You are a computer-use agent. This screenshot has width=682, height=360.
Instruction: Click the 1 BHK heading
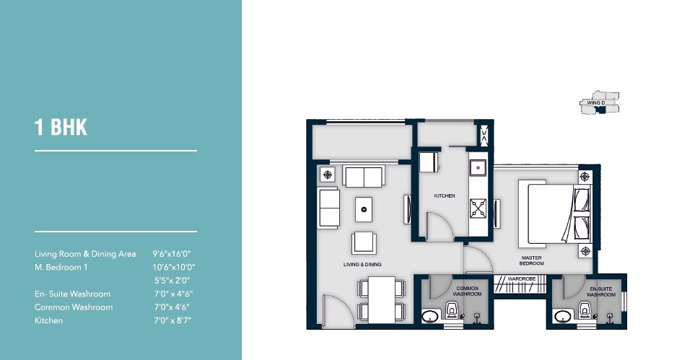[x=61, y=128]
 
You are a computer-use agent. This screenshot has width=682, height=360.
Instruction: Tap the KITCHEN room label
[x=444, y=196]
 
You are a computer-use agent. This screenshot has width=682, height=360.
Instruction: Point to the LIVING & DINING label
[x=362, y=265]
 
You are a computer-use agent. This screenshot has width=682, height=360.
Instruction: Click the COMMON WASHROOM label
[x=467, y=291]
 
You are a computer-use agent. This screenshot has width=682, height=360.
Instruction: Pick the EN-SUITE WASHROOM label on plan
[x=600, y=291]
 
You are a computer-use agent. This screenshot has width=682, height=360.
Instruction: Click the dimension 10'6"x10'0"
[x=174, y=267]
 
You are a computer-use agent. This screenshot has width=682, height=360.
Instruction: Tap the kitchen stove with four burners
[x=478, y=209]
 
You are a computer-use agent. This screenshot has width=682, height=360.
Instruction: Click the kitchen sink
[x=478, y=168]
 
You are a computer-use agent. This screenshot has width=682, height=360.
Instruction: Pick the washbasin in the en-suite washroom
[x=562, y=317]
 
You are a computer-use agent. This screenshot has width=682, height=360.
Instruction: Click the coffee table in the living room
[x=364, y=209]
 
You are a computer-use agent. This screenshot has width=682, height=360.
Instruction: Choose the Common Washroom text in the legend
[x=74, y=307]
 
